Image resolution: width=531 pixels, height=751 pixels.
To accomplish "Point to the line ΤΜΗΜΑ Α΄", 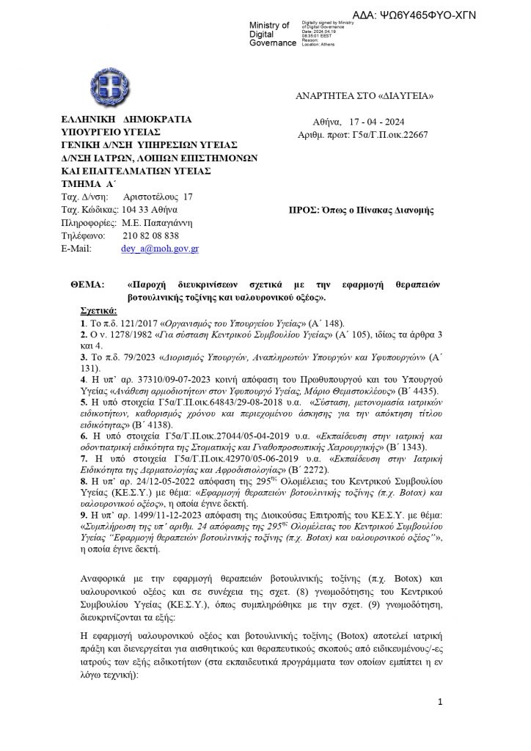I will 84,183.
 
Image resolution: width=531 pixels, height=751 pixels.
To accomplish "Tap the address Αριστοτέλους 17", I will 158,197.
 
